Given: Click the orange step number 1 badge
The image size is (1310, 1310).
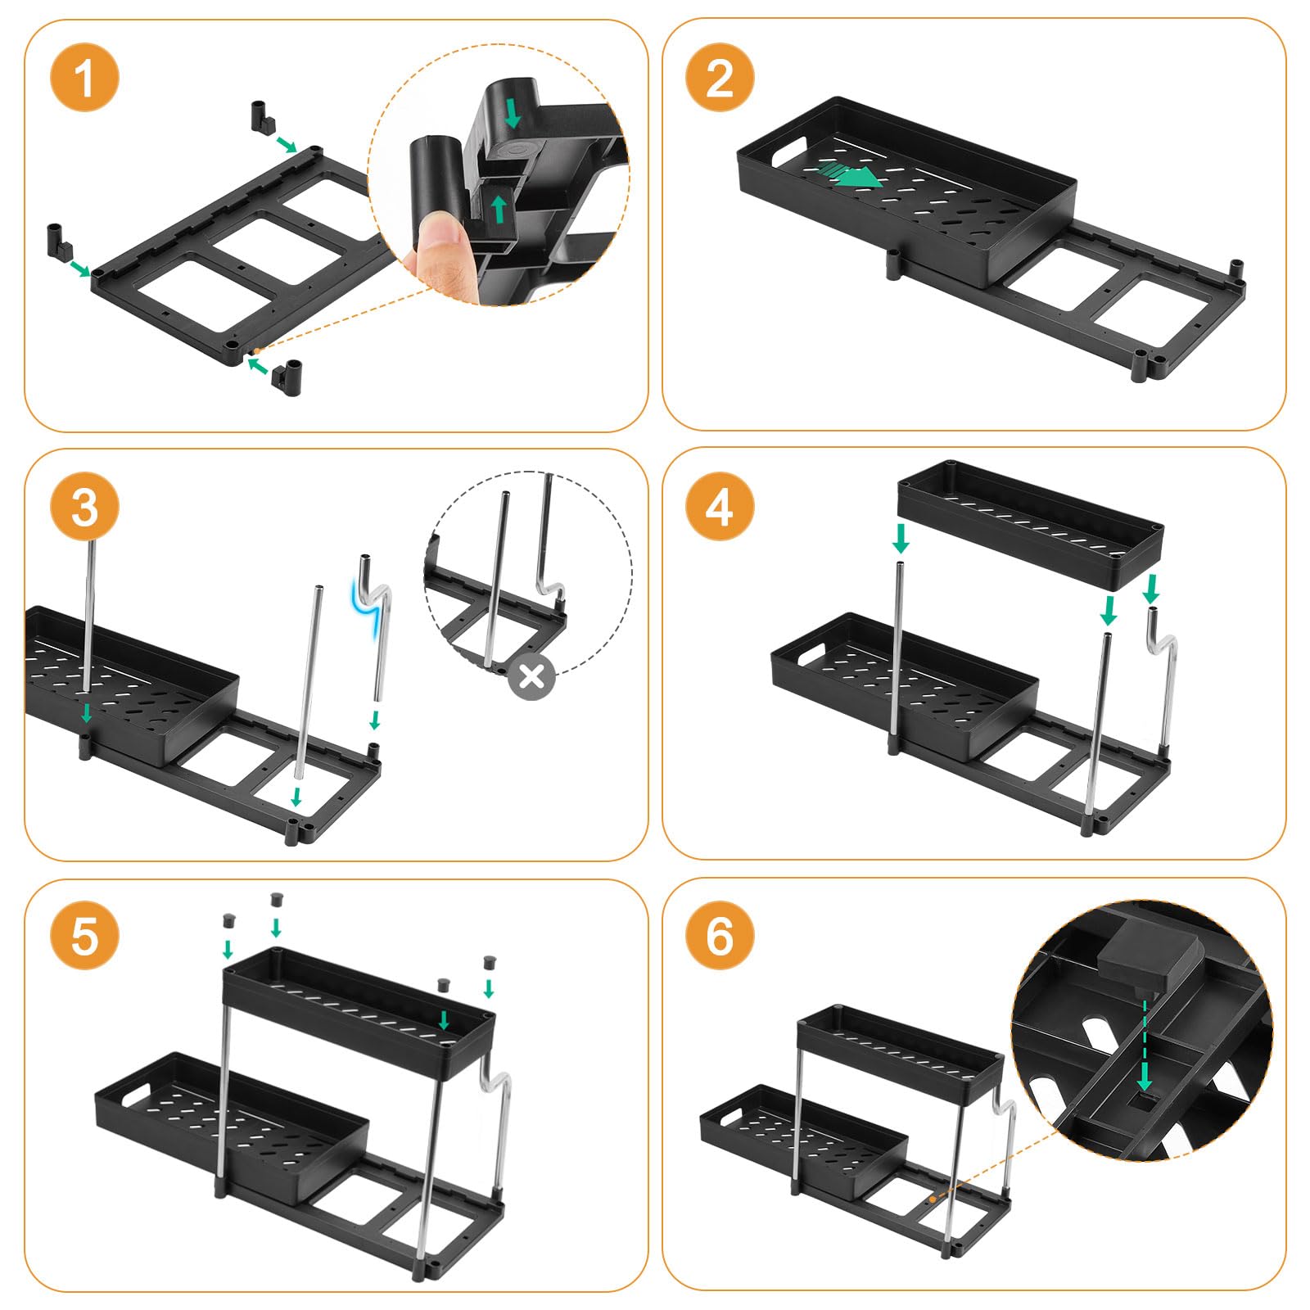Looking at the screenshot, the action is pos(84,79).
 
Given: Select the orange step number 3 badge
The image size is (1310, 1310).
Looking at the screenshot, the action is pos(84,507).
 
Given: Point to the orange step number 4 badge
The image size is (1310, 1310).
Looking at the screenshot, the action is pos(719,507).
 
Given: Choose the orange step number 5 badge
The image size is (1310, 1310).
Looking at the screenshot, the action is pos(84,935).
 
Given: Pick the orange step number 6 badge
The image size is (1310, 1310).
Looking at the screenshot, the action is pos(719,935).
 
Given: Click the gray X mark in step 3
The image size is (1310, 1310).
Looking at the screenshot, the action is pos(532,676).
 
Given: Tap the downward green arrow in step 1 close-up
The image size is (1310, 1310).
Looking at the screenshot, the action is pos(513,113).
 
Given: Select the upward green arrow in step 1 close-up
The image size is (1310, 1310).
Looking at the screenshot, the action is pos(499,208).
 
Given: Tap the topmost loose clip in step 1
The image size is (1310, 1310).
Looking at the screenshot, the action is pos(260,115).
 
